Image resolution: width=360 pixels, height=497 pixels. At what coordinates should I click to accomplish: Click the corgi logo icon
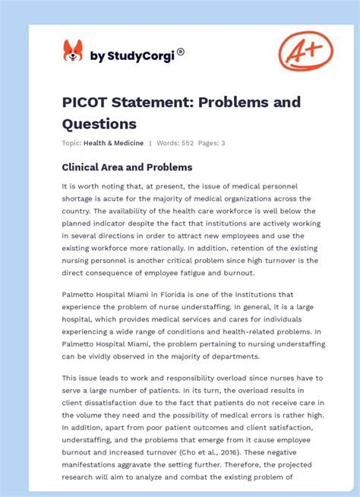73,51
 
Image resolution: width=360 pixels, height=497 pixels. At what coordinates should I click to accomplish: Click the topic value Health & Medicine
114,143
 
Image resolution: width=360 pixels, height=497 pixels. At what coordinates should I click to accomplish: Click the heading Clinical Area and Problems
127,167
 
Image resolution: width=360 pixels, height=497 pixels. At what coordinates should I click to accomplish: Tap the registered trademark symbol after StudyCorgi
181,52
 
